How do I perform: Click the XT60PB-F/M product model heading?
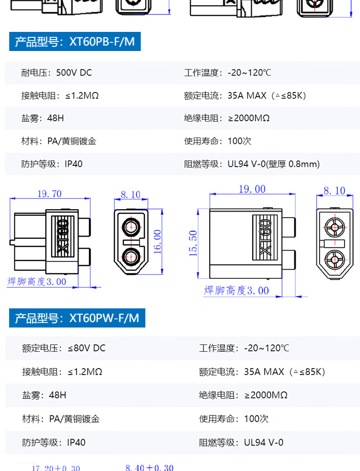(x=75, y=41)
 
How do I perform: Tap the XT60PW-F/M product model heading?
(x=77, y=318)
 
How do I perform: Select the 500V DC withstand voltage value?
(x=74, y=73)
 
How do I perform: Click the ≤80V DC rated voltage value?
(x=87, y=348)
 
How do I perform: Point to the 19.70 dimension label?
(x=50, y=194)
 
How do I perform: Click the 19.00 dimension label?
(x=252, y=189)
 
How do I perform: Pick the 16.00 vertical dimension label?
(x=158, y=241)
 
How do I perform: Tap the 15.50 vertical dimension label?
(x=193, y=243)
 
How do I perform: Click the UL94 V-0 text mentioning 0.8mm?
(x=273, y=164)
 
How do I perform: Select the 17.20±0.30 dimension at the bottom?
(x=56, y=468)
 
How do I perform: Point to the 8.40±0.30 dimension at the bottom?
(x=149, y=467)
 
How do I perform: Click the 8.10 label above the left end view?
(x=131, y=195)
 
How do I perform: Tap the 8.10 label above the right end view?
(x=334, y=191)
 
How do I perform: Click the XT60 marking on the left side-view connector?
(x=63, y=236)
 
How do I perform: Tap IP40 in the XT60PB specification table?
(x=74, y=164)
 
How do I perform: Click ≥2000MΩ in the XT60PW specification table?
(x=266, y=395)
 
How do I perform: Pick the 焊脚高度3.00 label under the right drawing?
(x=237, y=291)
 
